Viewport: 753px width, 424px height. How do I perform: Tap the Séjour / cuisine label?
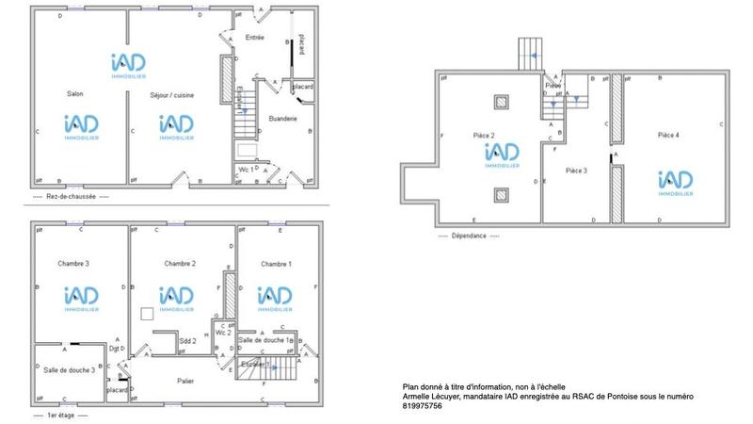coord(171,95)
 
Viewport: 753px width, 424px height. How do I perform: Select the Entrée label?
coord(254,38)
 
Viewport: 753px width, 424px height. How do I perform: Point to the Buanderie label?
coord(282,119)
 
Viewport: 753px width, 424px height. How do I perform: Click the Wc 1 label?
coord(245,169)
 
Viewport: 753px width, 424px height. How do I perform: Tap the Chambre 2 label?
coord(179,264)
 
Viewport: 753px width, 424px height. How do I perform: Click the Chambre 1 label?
coord(276,264)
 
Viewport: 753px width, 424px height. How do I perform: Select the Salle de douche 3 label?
coord(70,370)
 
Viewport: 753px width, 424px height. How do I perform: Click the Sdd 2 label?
coord(187,340)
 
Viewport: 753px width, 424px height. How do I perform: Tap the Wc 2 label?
coord(223,333)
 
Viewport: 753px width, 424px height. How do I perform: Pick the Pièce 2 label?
coord(485,136)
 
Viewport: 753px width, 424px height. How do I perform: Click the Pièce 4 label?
coord(668,136)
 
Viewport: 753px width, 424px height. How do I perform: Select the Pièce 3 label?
coord(576,171)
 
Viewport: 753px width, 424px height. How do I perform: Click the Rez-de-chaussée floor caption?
coord(71,197)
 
